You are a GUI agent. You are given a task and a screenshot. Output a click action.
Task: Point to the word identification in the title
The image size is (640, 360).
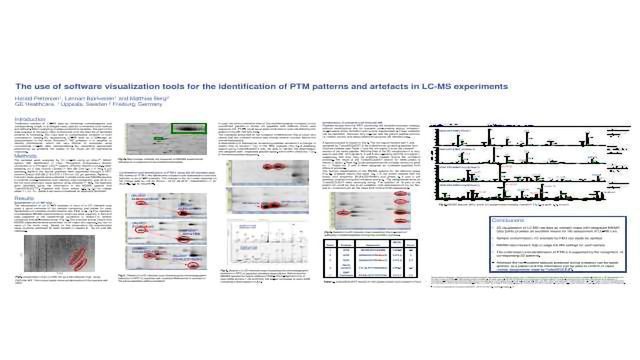253,87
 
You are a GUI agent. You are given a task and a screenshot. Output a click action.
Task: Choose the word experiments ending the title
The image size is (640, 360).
489,87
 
